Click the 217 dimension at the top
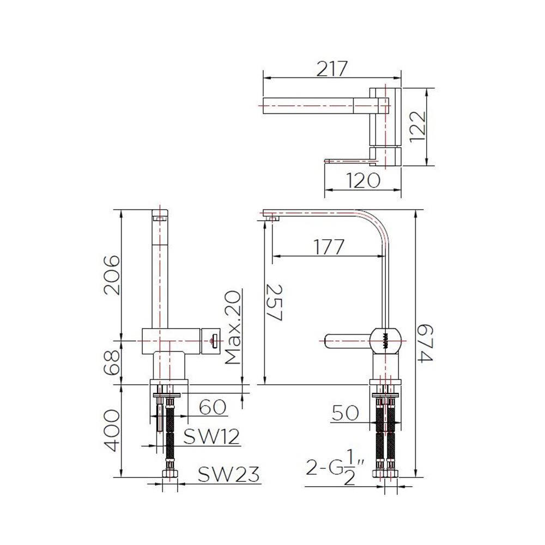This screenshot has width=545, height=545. [332, 69]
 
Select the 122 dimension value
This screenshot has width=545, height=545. [418, 126]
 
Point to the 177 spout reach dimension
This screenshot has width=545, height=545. [329, 247]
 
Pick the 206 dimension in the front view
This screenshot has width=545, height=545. [111, 274]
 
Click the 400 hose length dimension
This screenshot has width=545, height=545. [111, 430]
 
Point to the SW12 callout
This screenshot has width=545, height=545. [211, 437]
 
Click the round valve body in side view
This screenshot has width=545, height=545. [387, 341]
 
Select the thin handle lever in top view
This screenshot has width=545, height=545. [349, 160]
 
